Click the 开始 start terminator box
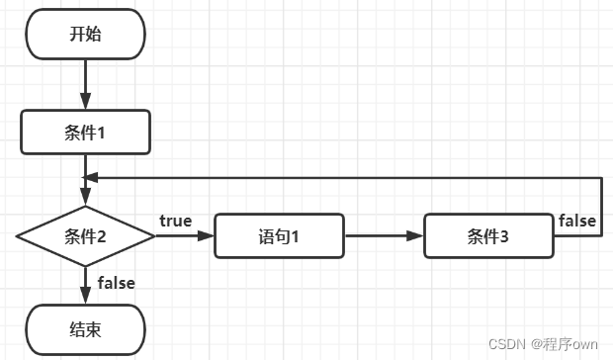[x=85, y=35]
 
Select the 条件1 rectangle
[x=85, y=133]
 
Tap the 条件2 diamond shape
[x=85, y=236]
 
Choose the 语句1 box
[x=280, y=236]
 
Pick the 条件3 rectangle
[x=488, y=236]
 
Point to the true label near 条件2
[x=176, y=221]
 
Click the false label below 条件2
[x=116, y=283]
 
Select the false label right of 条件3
[x=576, y=221]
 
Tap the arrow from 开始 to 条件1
[x=85, y=83]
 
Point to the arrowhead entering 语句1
[x=207, y=236]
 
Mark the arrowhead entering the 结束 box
[x=85, y=296]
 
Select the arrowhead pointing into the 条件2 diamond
[x=85, y=198]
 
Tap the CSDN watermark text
[x=507, y=344]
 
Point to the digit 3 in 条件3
[x=504, y=236]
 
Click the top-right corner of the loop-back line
[x=601, y=177]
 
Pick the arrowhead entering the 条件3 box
[x=416, y=236]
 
